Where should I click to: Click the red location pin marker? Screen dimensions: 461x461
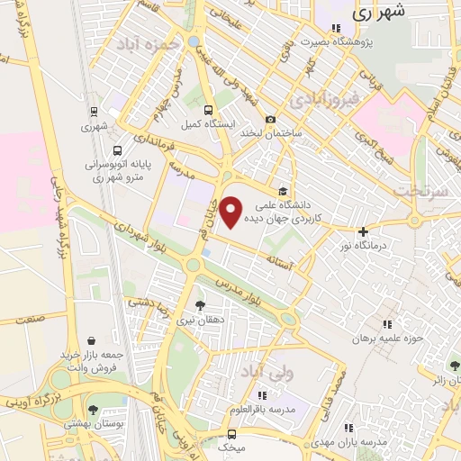click(x=231, y=212)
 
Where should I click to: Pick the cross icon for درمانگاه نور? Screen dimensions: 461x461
click(x=363, y=231)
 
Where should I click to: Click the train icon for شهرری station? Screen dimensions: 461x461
click(x=94, y=112)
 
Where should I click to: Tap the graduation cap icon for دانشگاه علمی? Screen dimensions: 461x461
click(x=283, y=191)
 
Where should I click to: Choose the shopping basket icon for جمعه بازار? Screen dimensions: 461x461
click(x=93, y=341)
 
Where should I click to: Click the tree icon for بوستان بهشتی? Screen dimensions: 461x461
click(x=93, y=410)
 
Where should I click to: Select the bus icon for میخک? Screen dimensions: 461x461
click(x=232, y=433)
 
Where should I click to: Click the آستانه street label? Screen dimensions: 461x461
click(x=277, y=259)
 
